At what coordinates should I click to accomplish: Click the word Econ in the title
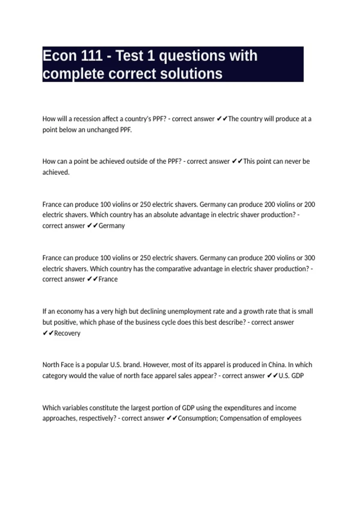[59, 56]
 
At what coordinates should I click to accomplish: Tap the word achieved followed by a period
[56, 172]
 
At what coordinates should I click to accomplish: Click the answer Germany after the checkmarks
[112, 226]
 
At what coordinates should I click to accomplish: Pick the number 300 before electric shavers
[310, 258]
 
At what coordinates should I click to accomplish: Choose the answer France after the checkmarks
[108, 279]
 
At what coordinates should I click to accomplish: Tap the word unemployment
[187, 311]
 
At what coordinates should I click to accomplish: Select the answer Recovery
[67, 333]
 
